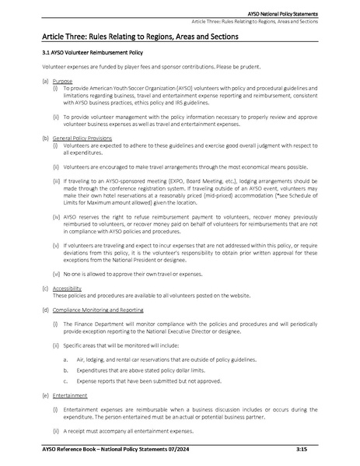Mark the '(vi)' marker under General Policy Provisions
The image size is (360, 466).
[56, 274]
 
